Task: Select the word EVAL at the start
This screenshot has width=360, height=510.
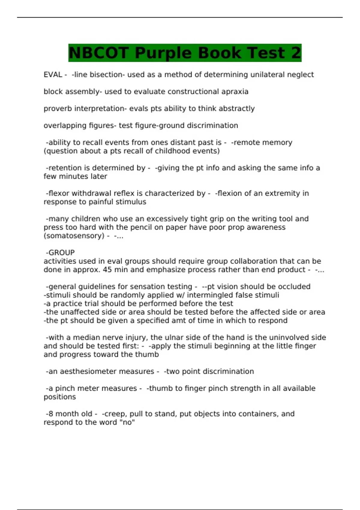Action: point(53,75)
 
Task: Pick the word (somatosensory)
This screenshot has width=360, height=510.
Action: point(74,236)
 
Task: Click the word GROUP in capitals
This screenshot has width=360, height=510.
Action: point(61,253)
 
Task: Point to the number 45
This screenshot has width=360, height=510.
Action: point(107,270)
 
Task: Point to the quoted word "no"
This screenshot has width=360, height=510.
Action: point(129,422)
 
